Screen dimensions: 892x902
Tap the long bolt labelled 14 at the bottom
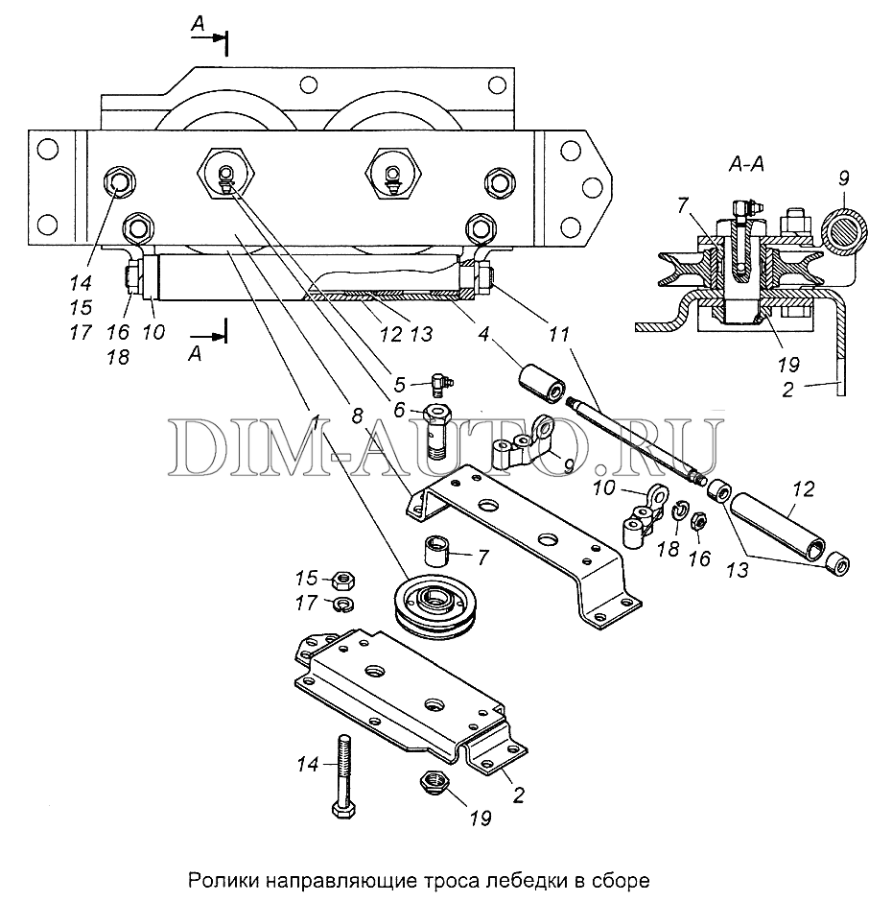click(343, 776)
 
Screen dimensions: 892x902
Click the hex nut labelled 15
click(343, 580)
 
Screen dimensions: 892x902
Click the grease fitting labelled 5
click(441, 383)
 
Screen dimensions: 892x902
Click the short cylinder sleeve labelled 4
click(542, 383)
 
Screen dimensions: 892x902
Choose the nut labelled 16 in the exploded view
click(697, 521)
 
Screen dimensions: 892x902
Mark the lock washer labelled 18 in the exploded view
click(680, 510)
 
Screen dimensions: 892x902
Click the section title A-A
click(746, 165)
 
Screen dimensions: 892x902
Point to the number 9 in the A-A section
click(843, 178)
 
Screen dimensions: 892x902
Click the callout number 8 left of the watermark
click(357, 415)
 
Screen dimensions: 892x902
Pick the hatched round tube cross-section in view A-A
click(844, 230)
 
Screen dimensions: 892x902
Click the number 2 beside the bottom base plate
click(518, 796)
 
